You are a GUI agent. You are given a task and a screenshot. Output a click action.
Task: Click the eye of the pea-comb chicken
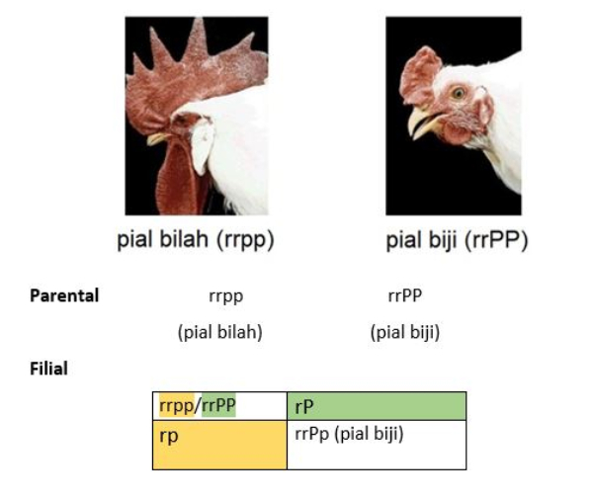(459, 93)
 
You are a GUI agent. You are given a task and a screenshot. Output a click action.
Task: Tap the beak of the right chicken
(424, 123)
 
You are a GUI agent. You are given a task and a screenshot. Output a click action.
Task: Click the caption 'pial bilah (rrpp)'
(195, 240)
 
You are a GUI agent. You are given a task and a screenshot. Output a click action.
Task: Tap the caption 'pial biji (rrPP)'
(457, 240)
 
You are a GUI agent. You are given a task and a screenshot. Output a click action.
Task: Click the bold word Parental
(64, 295)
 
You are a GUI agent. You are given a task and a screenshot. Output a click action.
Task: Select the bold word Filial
(48, 369)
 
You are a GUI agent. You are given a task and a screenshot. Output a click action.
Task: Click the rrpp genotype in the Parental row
(225, 296)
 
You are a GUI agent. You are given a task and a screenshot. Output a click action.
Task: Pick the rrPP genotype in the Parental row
(405, 295)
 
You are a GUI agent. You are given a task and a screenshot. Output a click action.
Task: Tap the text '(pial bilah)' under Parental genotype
(220, 332)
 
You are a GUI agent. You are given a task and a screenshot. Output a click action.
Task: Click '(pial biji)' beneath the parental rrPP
(405, 332)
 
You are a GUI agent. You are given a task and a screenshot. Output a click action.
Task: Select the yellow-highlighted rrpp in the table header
(177, 406)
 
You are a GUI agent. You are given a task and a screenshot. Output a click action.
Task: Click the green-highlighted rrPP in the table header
(218, 405)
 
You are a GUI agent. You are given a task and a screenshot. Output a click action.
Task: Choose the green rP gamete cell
(377, 406)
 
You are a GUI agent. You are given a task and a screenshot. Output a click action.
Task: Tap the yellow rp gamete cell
(219, 445)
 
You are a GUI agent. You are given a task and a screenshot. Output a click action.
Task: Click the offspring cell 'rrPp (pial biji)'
(349, 434)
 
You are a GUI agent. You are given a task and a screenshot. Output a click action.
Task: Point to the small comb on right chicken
(420, 76)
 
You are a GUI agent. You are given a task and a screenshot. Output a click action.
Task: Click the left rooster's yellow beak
(158, 138)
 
